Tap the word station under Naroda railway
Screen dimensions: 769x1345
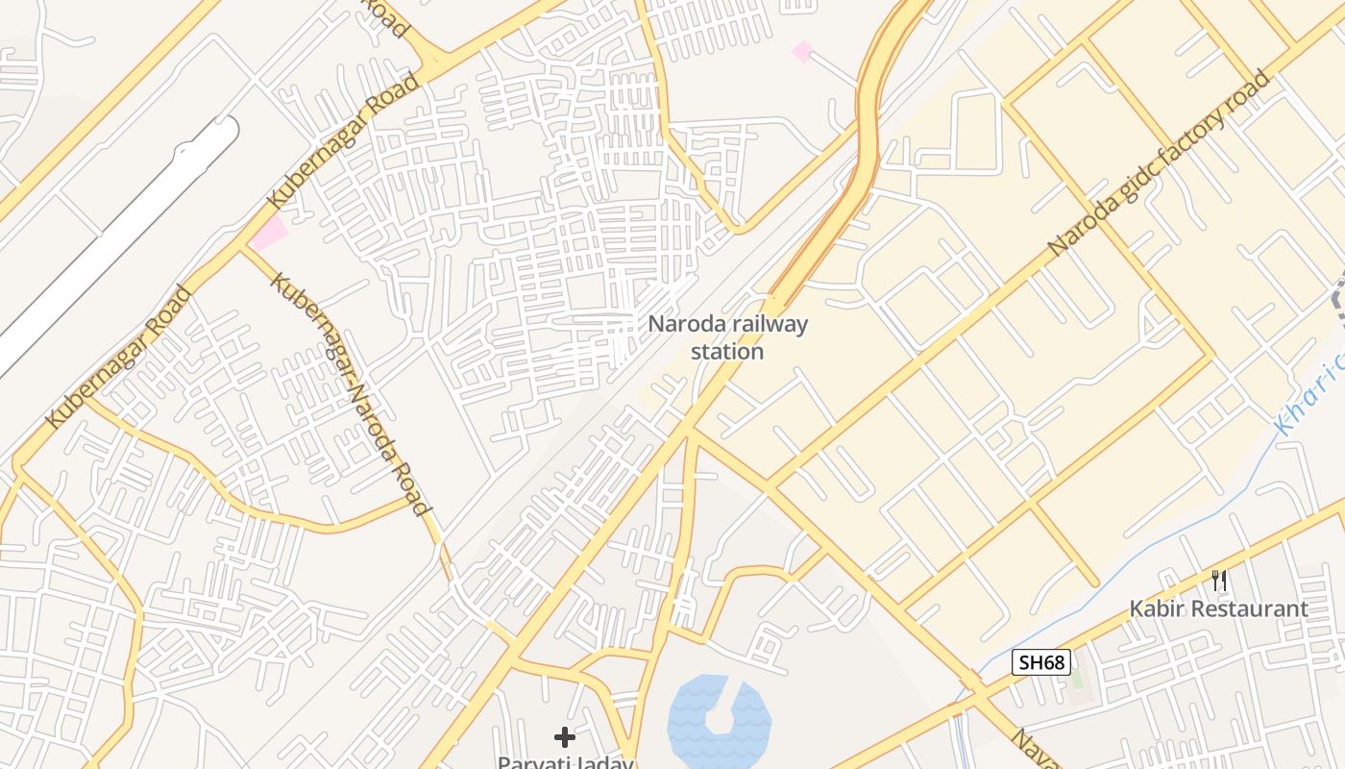point(727,351)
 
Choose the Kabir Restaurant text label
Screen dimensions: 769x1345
point(1218,608)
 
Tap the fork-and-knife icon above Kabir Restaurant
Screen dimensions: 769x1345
point(1219,580)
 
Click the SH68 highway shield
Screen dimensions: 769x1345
point(1041,662)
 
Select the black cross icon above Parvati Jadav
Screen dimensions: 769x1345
point(565,737)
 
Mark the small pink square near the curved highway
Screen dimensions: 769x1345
point(801,51)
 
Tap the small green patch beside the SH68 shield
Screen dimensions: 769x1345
point(1076,678)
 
